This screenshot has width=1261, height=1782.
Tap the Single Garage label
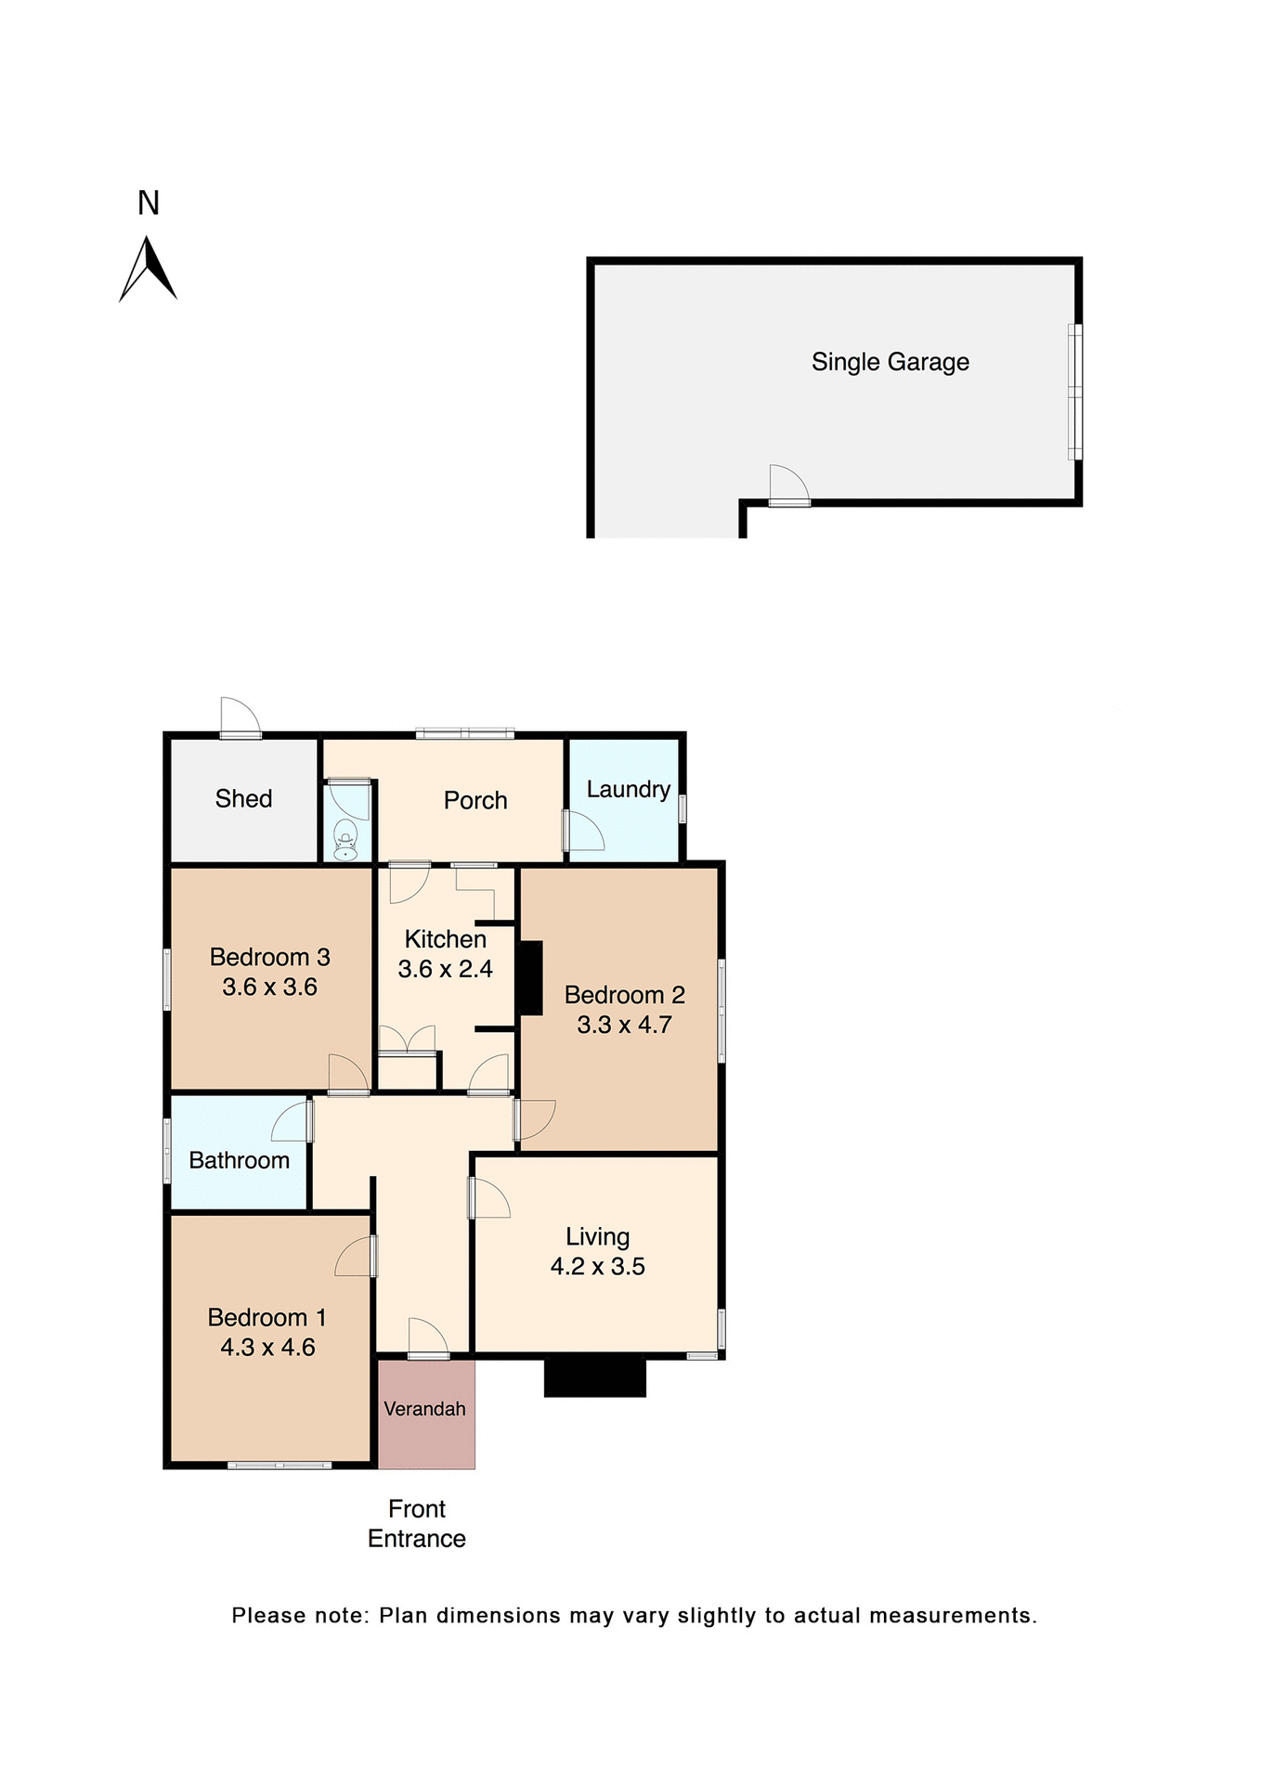click(890, 362)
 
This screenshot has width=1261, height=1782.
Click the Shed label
click(243, 798)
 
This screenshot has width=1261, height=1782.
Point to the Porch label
click(475, 800)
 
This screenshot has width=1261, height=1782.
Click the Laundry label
click(628, 789)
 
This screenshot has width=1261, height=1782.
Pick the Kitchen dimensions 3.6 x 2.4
click(445, 969)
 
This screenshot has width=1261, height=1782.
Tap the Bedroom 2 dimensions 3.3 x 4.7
click(624, 1025)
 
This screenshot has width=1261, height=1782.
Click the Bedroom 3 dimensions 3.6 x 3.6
click(269, 987)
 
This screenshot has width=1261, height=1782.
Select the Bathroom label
click(239, 1160)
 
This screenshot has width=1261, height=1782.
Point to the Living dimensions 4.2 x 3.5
click(597, 1266)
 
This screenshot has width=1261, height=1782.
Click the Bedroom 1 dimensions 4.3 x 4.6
click(267, 1347)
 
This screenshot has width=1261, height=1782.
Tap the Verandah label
click(424, 1409)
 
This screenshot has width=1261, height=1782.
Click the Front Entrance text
click(417, 1523)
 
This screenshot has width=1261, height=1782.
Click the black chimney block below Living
click(594, 1375)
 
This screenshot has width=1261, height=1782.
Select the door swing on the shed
click(240, 717)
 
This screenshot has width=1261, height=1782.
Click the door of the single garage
click(788, 485)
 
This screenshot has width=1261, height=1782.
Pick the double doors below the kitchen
click(407, 1039)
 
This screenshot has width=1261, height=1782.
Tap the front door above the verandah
click(427, 1338)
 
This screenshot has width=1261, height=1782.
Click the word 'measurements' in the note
click(953, 1616)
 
